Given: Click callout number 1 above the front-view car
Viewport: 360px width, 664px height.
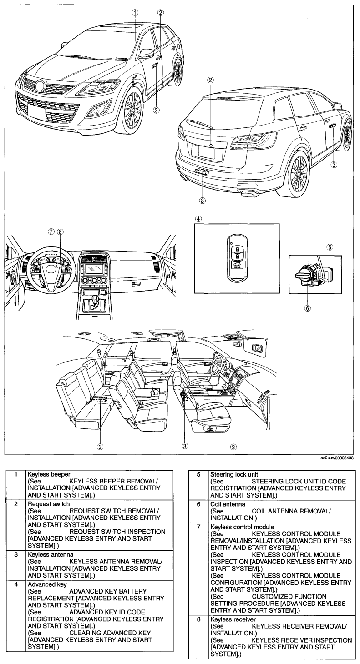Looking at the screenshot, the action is coord(135,12).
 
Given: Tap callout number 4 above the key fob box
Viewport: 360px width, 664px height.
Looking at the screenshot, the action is coord(198,219).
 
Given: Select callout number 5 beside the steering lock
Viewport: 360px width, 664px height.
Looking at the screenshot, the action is coord(330,246).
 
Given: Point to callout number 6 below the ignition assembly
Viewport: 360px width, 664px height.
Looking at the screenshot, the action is coord(308,308).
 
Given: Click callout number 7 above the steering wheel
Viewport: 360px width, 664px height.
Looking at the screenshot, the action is coord(51,232).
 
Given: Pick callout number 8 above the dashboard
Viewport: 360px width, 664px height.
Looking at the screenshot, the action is coord(60,232).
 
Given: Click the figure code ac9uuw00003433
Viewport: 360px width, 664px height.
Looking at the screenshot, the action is coord(337,458).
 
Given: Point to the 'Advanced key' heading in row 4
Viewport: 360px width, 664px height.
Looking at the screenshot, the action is coord(47,584).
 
